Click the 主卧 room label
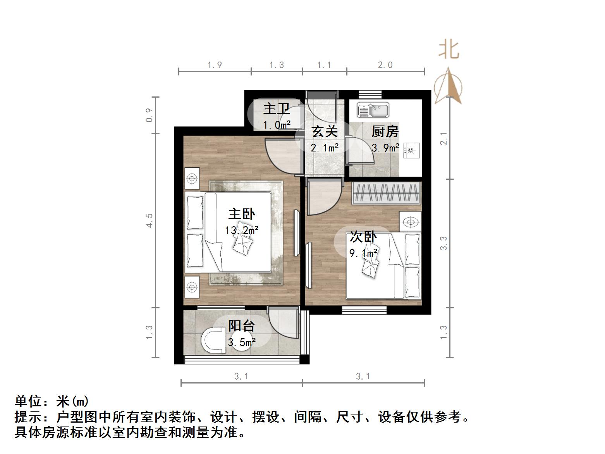pyautogui.click(x=242, y=214)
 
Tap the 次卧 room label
pyautogui.click(x=363, y=237)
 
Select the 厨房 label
pyautogui.click(x=385, y=132)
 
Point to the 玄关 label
pyautogui.click(x=325, y=132)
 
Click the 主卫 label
pyautogui.click(x=277, y=108)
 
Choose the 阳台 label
pyautogui.click(x=241, y=326)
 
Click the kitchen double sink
pyautogui.click(x=373, y=110)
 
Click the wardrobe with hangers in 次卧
pyautogui.click(x=386, y=193)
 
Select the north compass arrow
pyautogui.click(x=449, y=86)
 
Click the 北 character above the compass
pyautogui.click(x=449, y=50)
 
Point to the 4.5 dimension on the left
pyautogui.click(x=150, y=220)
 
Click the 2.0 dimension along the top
pyautogui.click(x=385, y=65)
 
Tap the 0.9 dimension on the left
pyautogui.click(x=150, y=115)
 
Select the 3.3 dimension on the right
pyautogui.click(x=443, y=243)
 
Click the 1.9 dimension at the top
pyautogui.click(x=215, y=65)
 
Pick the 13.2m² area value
pyautogui.click(x=242, y=230)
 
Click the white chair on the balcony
pyautogui.click(x=213, y=341)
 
